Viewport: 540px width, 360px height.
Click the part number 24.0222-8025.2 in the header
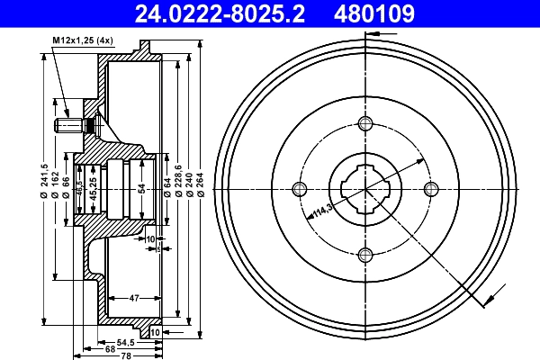click(x=220, y=13)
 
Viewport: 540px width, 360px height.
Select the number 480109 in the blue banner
click(x=374, y=13)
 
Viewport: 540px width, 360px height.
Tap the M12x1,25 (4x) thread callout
click(x=83, y=40)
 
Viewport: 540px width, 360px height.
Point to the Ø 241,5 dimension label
click(x=44, y=181)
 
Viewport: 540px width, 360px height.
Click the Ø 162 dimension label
click(x=56, y=184)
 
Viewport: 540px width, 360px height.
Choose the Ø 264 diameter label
click(x=201, y=184)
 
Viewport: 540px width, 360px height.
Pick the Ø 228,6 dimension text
click(x=178, y=181)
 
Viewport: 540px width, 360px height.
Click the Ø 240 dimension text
click(x=189, y=184)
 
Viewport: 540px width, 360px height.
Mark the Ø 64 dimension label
click(x=167, y=187)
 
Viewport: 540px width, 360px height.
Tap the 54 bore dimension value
click(x=141, y=188)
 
